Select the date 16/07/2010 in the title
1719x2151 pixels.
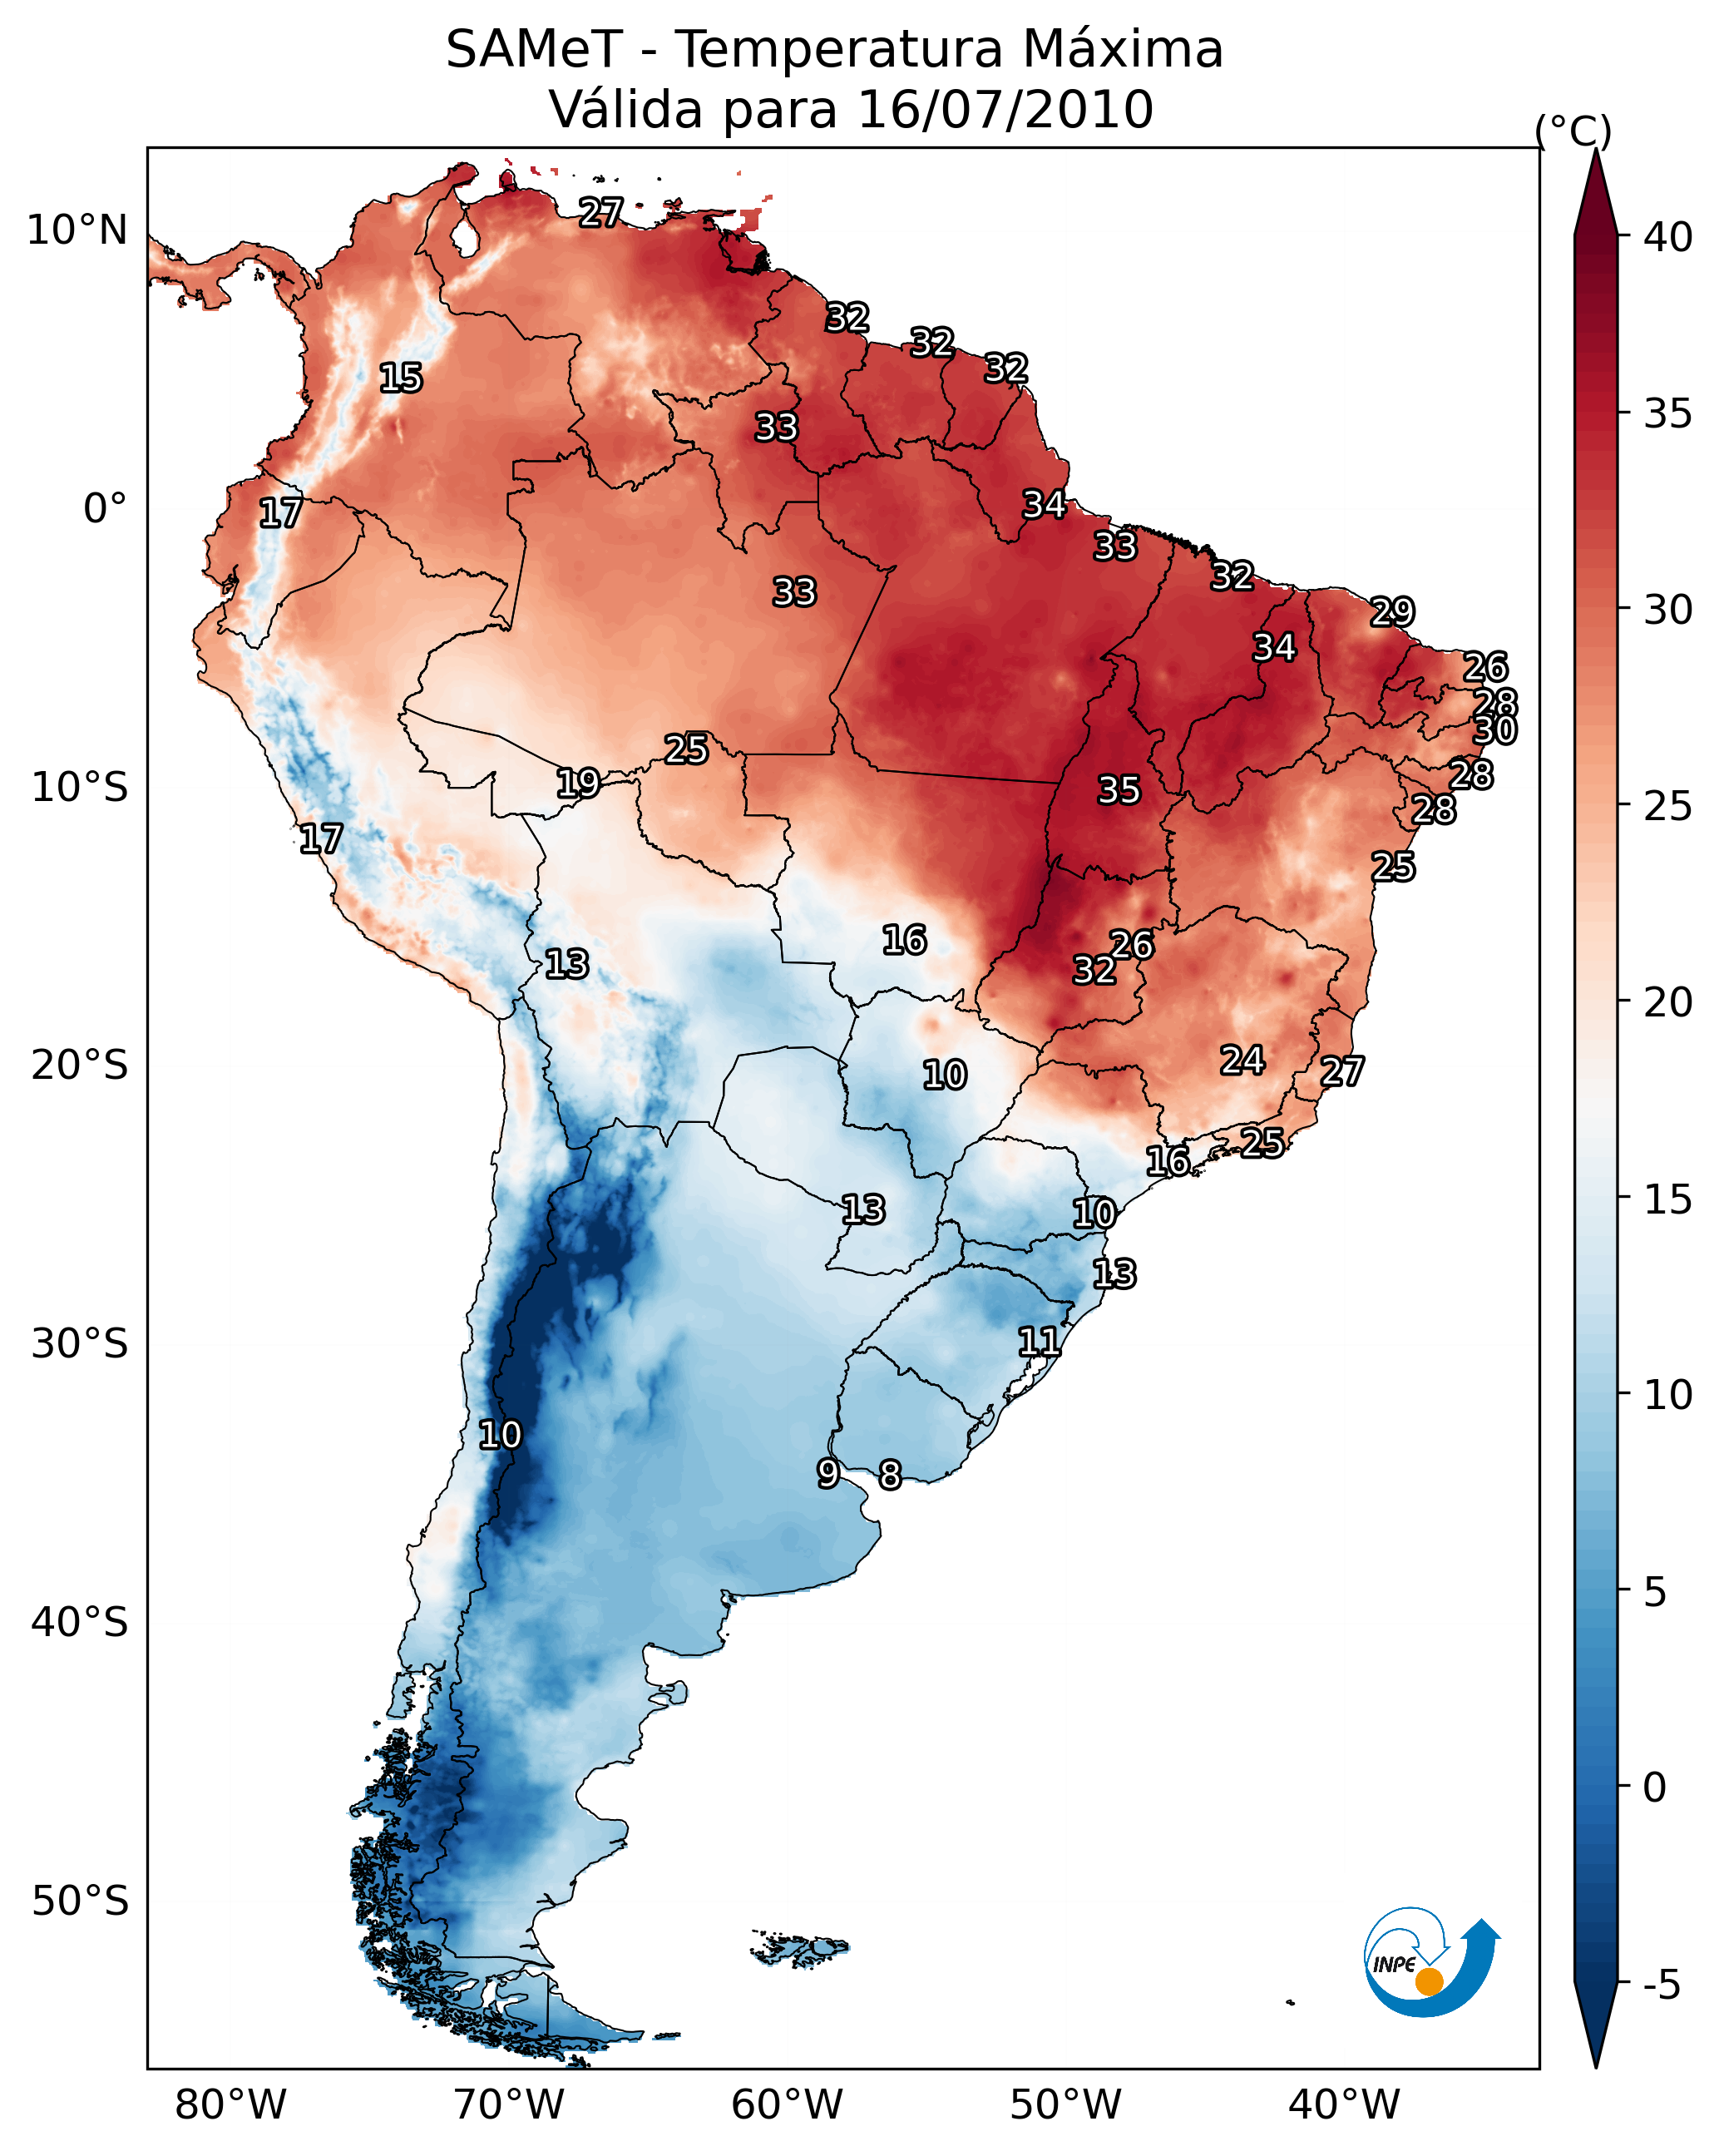pyautogui.click(x=1005, y=110)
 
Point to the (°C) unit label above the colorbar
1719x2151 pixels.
pyautogui.click(x=1573, y=131)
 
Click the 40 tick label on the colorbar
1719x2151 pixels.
pyautogui.click(x=1668, y=237)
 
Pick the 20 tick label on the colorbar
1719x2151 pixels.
pyautogui.click(x=1668, y=1001)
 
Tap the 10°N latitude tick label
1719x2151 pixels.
pyautogui.click(x=77, y=230)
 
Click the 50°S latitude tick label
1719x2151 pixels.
pyautogui.click(x=80, y=1901)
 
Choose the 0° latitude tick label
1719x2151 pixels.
pyautogui.click(x=105, y=509)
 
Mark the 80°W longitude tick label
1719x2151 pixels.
pyautogui.click(x=230, y=2104)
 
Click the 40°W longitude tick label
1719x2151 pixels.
pyautogui.click(x=1344, y=2104)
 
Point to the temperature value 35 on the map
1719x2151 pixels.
pyautogui.click(x=1119, y=790)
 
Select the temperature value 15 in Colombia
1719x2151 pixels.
pyautogui.click(x=401, y=378)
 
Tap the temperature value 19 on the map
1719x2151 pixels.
pyautogui.click(x=578, y=784)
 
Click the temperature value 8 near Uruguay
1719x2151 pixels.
pyautogui.click(x=890, y=1475)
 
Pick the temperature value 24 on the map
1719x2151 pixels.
pyautogui.click(x=1242, y=1061)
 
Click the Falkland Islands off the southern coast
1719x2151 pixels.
pyautogui.click(x=801, y=1949)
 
